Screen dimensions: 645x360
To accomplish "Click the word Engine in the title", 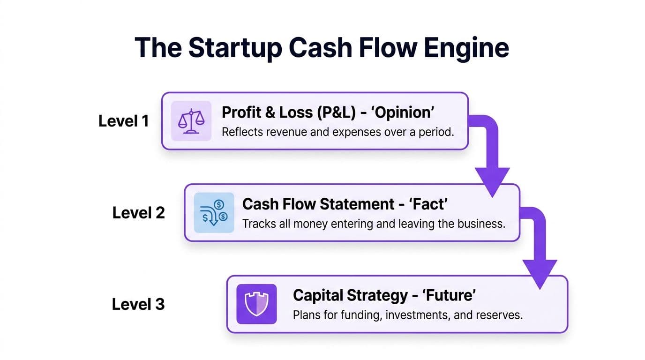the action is [466, 48].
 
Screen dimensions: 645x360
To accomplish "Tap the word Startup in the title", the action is [235, 48].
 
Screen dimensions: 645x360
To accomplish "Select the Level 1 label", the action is [124, 121].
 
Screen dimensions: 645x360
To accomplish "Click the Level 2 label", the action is [138, 213].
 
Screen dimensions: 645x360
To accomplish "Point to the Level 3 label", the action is [138, 304].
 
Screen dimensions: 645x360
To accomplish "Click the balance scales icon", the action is [191, 121].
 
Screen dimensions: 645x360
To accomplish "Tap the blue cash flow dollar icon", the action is [214, 212].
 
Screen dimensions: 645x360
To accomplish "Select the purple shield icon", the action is [256, 304].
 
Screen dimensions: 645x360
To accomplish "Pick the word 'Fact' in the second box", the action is [428, 204].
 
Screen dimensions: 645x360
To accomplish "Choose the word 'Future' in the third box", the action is [449, 295].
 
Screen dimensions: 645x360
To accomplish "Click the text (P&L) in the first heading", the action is [337, 112].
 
